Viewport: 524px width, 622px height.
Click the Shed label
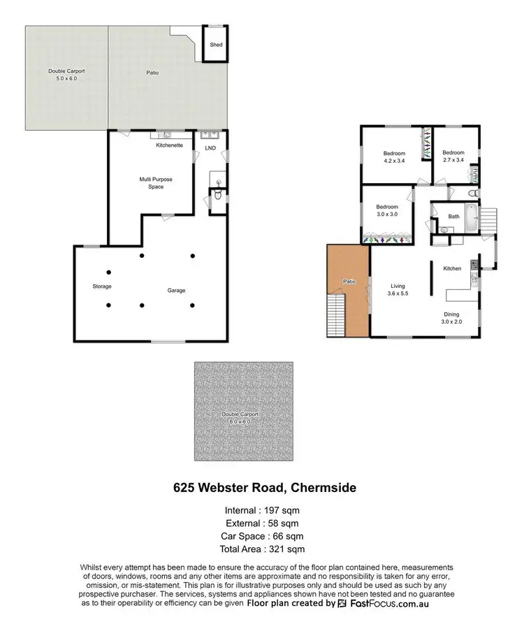coord(217,45)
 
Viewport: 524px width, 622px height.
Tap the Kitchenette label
coord(170,145)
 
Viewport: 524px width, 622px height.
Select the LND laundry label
coord(210,148)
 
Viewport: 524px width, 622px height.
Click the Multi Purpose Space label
coord(156,183)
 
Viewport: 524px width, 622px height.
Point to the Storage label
coord(102,287)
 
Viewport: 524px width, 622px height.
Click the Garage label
coord(176,290)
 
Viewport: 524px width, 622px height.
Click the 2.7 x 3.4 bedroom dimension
coord(453,160)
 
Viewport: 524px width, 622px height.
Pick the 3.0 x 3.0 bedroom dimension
coord(387,215)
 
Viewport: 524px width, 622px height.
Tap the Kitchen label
coord(452,268)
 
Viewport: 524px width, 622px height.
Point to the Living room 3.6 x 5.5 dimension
coord(398,294)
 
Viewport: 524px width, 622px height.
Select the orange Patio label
coord(348,281)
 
